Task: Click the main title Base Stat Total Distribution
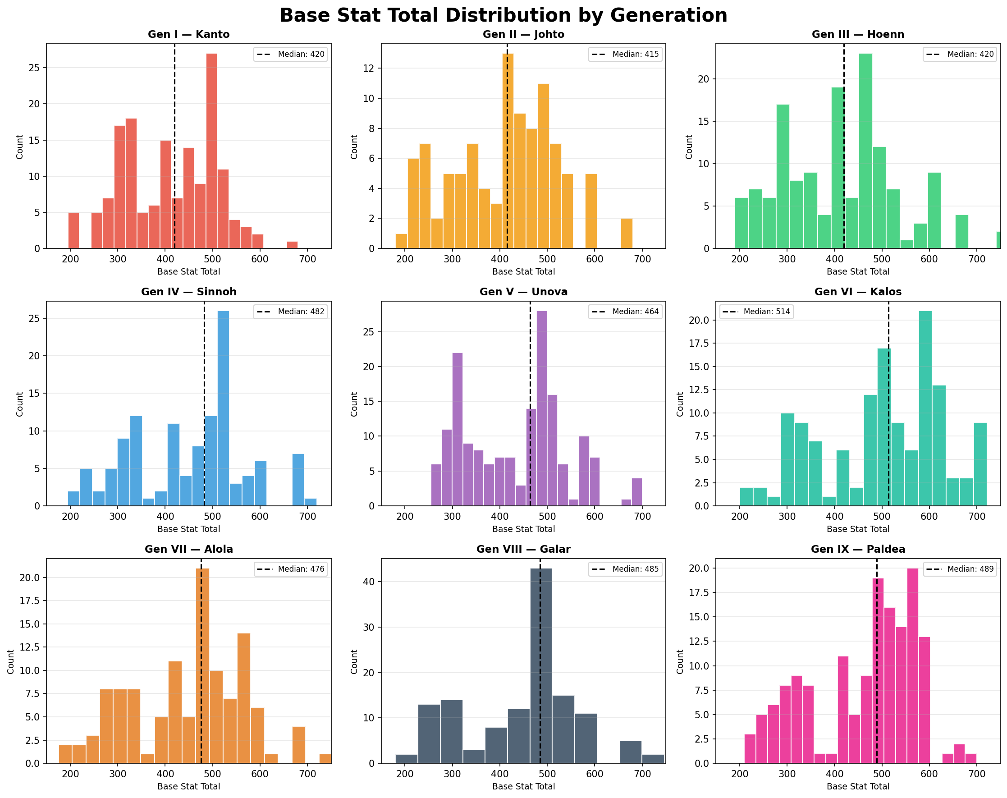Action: pyautogui.click(x=503, y=15)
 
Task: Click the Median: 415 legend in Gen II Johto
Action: pyautogui.click(x=625, y=54)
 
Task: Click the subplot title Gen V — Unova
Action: pyautogui.click(x=523, y=292)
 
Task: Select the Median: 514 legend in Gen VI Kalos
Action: pyautogui.click(x=756, y=312)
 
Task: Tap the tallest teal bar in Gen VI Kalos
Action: pyautogui.click(x=925, y=408)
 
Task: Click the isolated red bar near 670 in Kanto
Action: pyautogui.click(x=293, y=245)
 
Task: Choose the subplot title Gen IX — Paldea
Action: pyautogui.click(x=857, y=550)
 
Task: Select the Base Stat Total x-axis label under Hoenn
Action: pyautogui.click(x=857, y=272)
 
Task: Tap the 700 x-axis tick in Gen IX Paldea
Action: pyautogui.click(x=977, y=774)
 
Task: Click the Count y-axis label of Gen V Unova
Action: pyautogui.click(x=354, y=404)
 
